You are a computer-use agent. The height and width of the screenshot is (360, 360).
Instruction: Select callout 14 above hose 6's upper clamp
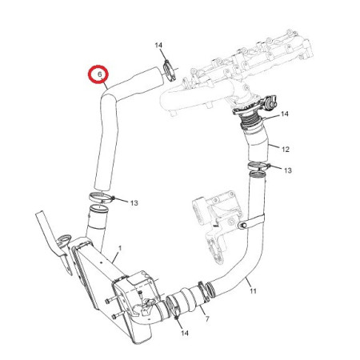pos(158,46)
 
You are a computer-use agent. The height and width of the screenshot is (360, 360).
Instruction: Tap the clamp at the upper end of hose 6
pos(169,70)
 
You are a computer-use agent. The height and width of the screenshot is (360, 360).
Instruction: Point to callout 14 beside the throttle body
pos(285,114)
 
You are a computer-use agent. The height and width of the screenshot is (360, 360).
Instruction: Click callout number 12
pos(286,150)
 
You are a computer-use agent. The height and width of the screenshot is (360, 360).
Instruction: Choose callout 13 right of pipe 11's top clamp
pos(288,170)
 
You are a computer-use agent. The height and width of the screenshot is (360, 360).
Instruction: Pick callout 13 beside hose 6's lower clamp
pos(134,203)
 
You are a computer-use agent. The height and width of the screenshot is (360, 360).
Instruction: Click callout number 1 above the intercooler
pos(120,248)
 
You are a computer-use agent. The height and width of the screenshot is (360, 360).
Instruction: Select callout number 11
pos(253,291)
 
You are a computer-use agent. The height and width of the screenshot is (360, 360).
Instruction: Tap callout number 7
pos(207,318)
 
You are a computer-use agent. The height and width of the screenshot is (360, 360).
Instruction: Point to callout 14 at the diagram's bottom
pos(185,333)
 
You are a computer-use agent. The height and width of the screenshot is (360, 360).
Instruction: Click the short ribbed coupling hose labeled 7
pos(190,298)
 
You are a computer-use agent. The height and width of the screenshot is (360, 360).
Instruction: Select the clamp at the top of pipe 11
pos(258,166)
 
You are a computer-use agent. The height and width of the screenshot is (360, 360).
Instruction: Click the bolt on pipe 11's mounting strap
pos(242,226)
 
